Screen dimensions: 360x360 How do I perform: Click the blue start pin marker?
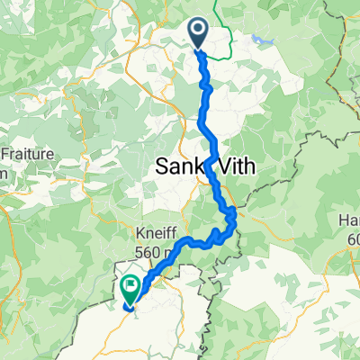coord(198,33)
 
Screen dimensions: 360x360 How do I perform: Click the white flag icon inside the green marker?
coord(129,288)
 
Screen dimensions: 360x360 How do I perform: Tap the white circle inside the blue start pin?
coord(198,31)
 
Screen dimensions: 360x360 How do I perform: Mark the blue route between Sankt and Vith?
coord(211,166)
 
